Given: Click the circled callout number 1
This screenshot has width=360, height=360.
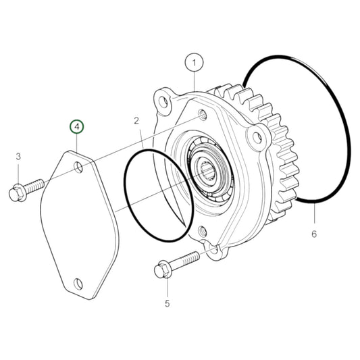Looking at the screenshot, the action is (x=194, y=62).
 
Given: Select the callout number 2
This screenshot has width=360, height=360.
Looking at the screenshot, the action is (x=136, y=121).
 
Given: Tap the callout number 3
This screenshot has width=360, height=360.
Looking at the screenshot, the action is (x=18, y=157).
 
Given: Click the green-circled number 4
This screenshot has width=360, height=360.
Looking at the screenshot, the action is (x=77, y=126).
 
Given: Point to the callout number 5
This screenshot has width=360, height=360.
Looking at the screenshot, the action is (x=167, y=303).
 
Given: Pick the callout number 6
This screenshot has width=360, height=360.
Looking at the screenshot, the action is (x=314, y=234).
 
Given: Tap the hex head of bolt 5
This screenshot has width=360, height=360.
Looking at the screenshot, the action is (x=163, y=271).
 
